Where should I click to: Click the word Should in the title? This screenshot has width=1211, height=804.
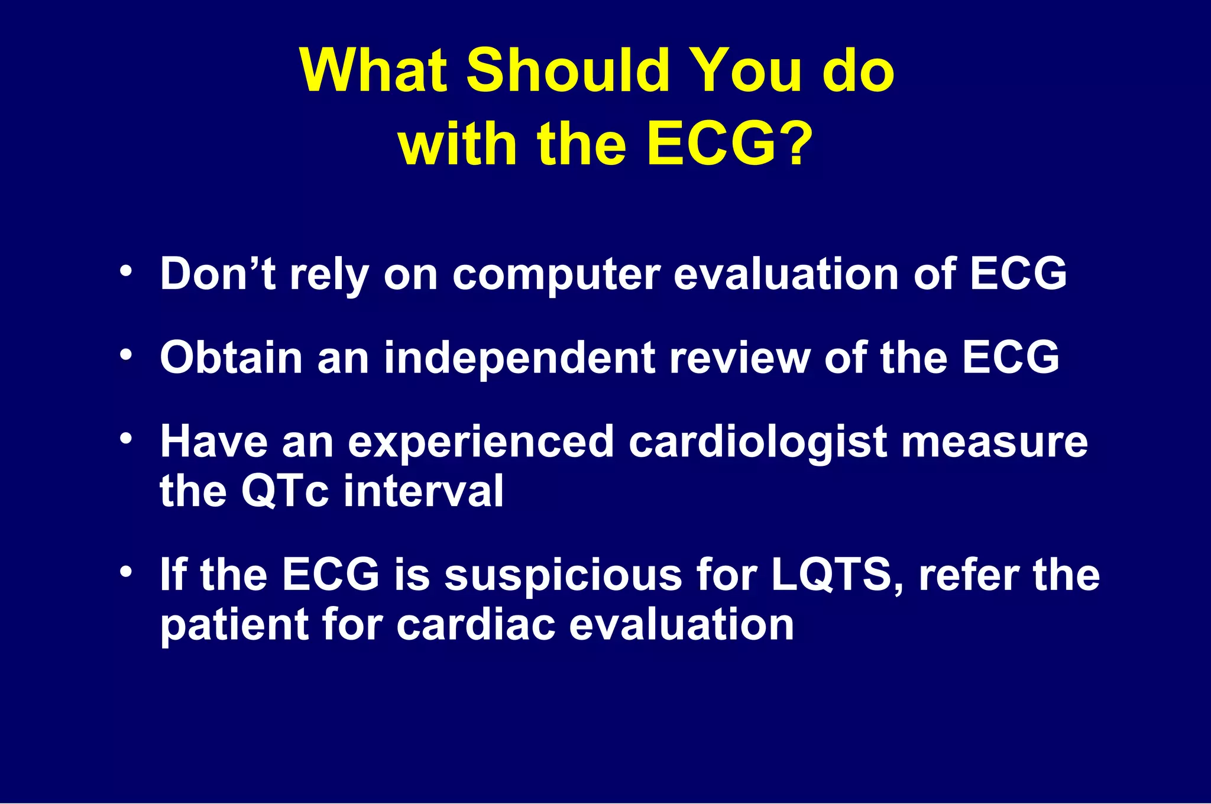point(567,71)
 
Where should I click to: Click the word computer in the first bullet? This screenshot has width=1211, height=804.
point(556,275)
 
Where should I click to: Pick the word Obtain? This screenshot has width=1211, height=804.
point(231,358)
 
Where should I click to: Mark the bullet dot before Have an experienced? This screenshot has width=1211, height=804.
point(125,439)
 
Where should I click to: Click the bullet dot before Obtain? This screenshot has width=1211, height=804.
point(125,355)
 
